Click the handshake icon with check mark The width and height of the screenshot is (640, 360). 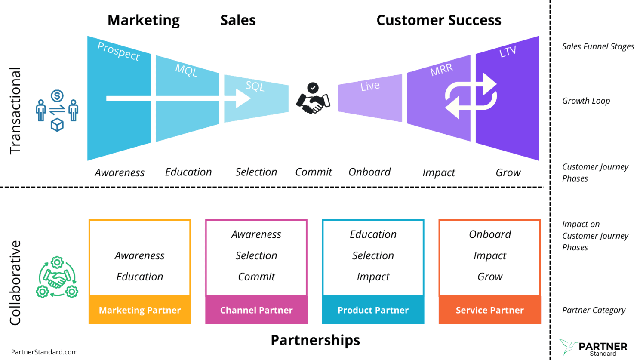point(313,99)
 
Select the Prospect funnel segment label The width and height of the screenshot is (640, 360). point(118,51)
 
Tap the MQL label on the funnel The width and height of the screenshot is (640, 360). point(186,70)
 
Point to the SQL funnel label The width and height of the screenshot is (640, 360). point(255,86)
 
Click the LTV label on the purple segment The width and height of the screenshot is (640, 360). point(508,52)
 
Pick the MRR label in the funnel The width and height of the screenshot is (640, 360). point(442,70)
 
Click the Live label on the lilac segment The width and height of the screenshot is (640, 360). point(370,86)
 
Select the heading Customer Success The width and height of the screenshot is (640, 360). point(439,20)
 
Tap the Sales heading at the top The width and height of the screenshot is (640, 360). point(238,20)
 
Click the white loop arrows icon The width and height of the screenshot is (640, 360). point(471,96)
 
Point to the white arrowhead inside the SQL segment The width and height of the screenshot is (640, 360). point(243,99)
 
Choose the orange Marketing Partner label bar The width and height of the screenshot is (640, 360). point(140,310)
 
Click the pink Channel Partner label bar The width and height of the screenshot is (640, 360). point(256,310)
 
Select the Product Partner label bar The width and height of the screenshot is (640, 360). point(373,310)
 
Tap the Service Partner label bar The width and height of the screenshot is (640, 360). point(489,310)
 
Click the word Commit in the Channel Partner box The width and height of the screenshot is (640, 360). point(256,277)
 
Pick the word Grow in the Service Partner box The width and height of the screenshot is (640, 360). point(490,277)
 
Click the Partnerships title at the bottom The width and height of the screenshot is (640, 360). point(315,340)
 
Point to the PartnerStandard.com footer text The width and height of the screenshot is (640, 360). point(44,352)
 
